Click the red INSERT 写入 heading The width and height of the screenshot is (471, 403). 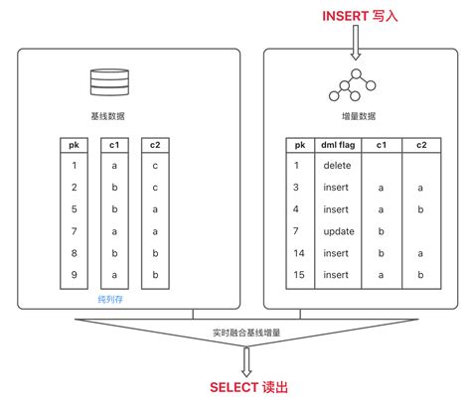click(x=358, y=16)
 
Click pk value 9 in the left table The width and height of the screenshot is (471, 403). click(x=74, y=274)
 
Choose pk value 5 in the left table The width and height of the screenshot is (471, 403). click(x=74, y=208)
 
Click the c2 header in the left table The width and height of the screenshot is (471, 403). click(x=155, y=144)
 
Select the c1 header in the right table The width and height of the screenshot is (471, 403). click(x=381, y=145)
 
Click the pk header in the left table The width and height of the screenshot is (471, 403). click(x=74, y=144)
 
